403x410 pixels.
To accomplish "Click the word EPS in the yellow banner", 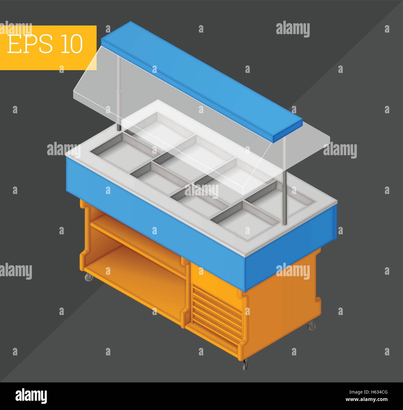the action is [x=30, y=44].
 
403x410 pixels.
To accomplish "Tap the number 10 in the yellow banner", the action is [x=71, y=44].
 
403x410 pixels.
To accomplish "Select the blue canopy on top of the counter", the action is [x=201, y=82].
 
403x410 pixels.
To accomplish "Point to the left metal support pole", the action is [x=119, y=94].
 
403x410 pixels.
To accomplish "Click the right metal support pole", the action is [x=284, y=181].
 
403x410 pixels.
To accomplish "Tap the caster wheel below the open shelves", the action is [x=89, y=277].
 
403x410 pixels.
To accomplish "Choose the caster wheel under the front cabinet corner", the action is [x=245, y=364].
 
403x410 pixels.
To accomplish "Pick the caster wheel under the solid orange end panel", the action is [x=311, y=326].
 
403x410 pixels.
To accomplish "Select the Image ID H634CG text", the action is [x=368, y=392].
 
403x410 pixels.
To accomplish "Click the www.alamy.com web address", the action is [x=366, y=399].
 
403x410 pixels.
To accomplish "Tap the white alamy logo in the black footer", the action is [x=31, y=396].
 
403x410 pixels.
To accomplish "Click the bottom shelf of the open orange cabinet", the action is [x=136, y=283].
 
